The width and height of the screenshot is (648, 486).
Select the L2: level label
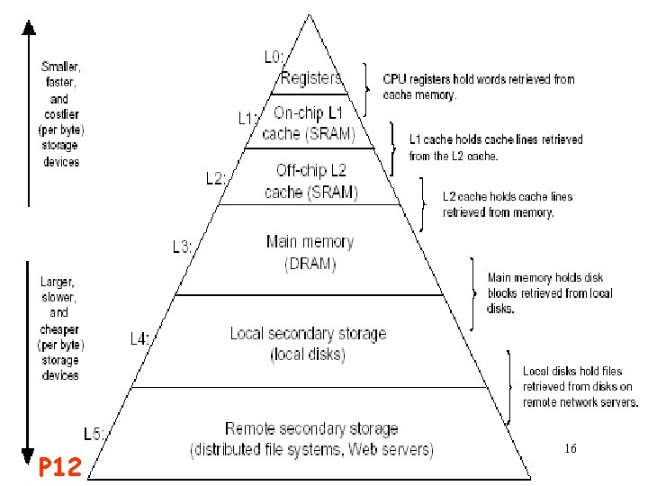point(216,178)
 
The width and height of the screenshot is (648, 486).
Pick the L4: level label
point(140,339)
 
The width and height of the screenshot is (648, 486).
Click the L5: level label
point(94,434)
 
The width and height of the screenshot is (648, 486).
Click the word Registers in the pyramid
point(311,78)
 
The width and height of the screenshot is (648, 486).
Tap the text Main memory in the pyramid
point(310,242)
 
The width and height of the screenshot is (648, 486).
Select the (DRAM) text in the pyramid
point(310,264)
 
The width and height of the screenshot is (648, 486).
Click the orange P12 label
point(60,465)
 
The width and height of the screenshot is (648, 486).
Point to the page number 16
point(570,447)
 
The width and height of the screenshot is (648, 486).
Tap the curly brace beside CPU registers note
point(367,85)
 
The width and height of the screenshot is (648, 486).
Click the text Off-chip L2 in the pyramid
point(310,170)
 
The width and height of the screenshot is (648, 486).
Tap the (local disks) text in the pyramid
point(308,354)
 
